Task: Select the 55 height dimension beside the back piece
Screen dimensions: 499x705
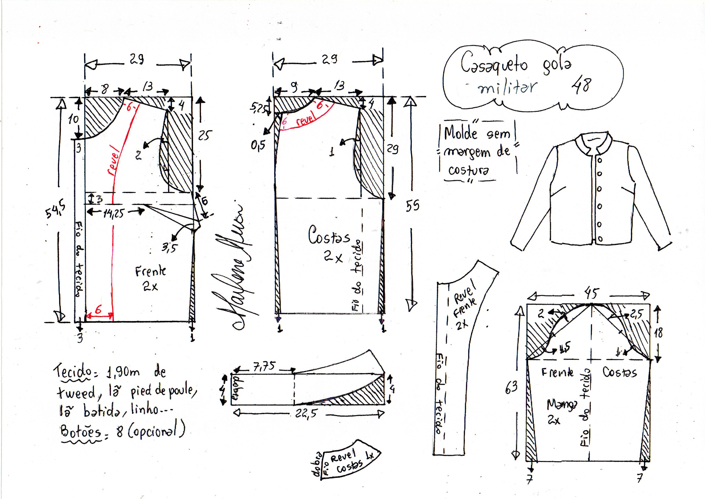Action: coord(412,205)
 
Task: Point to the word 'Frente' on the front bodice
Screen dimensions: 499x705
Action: coord(150,271)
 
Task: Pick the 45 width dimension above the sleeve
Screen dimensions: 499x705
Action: coord(591,293)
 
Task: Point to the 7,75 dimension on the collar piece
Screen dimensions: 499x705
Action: coord(264,367)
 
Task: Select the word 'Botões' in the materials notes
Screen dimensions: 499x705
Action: coord(81,432)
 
